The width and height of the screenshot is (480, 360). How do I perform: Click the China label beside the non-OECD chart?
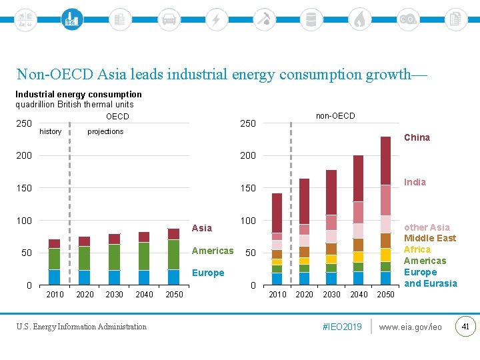point(417,137)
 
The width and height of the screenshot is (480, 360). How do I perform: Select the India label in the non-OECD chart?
point(415,182)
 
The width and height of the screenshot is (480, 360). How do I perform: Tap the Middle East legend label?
point(430,238)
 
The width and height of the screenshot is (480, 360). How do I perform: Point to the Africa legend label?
point(417,249)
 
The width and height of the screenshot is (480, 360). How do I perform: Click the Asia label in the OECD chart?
point(201,228)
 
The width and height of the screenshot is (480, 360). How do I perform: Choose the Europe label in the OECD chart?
point(208,273)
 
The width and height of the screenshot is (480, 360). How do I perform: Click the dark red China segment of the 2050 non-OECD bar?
point(385,160)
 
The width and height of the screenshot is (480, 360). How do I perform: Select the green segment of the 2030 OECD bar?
point(115,257)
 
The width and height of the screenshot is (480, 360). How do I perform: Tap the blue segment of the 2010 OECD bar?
point(54,277)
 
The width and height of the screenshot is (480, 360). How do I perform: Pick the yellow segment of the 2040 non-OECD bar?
point(358,257)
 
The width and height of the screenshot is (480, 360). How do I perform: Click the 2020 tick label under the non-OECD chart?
point(304,295)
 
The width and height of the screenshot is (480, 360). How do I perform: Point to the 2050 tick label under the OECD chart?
point(174,295)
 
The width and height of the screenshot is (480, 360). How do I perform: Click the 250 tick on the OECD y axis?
point(24,124)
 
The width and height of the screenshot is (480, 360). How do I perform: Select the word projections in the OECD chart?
point(105,131)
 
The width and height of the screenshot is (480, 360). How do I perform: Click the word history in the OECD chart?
point(51,131)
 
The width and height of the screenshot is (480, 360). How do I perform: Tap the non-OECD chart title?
point(335,116)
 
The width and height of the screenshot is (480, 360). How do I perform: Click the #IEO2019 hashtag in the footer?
point(342,327)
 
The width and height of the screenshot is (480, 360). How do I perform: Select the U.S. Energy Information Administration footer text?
point(81,327)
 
